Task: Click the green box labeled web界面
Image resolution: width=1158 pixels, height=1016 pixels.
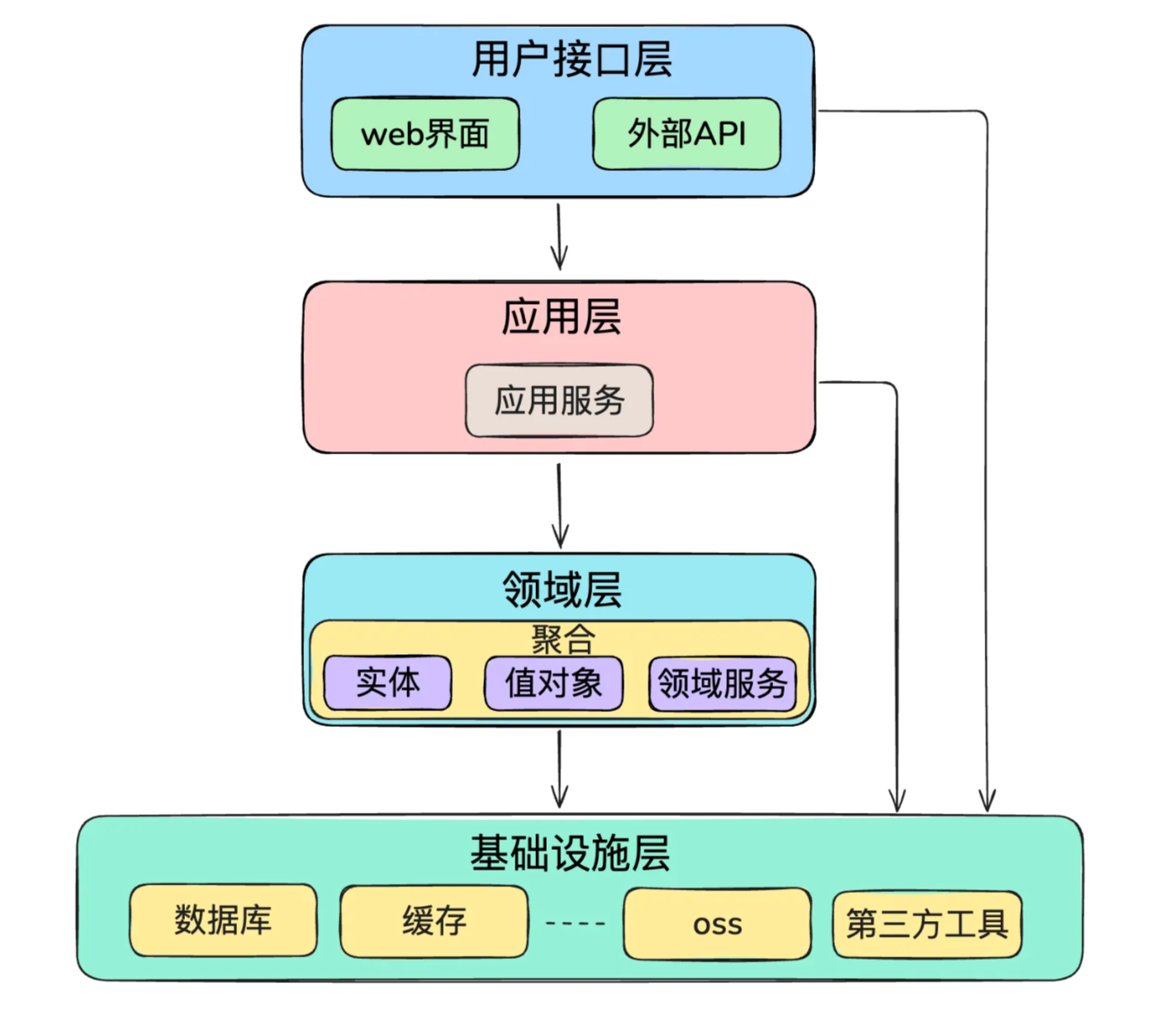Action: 425,134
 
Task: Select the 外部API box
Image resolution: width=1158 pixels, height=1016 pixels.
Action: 686,134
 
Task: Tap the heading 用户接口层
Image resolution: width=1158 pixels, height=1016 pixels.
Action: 572,59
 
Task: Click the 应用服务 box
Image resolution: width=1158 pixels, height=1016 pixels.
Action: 559,401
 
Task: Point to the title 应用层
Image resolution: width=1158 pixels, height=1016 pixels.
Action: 561,317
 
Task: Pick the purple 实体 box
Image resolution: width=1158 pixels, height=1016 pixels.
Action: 387,683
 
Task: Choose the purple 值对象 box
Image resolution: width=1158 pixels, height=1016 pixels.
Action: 553,683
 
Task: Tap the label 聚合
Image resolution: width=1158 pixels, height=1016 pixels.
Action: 562,639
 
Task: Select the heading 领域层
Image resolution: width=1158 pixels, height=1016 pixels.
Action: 562,590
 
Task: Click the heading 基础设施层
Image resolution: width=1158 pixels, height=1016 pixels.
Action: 570,853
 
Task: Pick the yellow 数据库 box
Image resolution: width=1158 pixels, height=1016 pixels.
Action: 223,920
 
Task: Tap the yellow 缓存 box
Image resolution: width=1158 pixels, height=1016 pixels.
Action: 434,921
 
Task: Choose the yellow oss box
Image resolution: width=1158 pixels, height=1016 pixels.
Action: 717,924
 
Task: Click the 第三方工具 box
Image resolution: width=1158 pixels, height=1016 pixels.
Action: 927,924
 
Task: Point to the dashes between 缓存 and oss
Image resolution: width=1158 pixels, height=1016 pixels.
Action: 576,923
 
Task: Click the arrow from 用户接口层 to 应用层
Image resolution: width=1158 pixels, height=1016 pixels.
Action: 559,237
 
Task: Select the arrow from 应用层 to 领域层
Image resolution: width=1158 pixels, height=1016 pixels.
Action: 560,506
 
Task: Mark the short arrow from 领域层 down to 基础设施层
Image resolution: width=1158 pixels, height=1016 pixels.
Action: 559,770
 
